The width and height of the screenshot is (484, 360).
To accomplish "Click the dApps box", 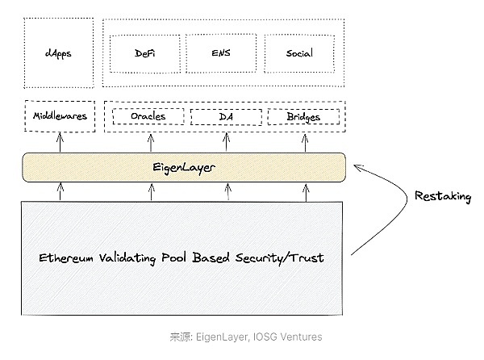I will pos(58,54).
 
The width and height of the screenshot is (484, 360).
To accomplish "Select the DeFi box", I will pos(146,53).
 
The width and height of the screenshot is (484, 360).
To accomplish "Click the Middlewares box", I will pos(60,116).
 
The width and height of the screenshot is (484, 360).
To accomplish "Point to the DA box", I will pos(226,116).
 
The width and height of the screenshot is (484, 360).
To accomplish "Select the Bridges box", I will pos(303,116).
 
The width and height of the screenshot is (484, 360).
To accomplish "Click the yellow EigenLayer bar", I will pos(185,167).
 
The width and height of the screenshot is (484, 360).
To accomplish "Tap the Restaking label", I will pos(443,196).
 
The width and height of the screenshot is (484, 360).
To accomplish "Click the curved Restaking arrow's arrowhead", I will pos(360,167).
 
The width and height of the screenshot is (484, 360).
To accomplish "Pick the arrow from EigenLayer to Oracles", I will pos(151,142).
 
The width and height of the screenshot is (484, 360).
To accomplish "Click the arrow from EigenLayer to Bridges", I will pos(305,142).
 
